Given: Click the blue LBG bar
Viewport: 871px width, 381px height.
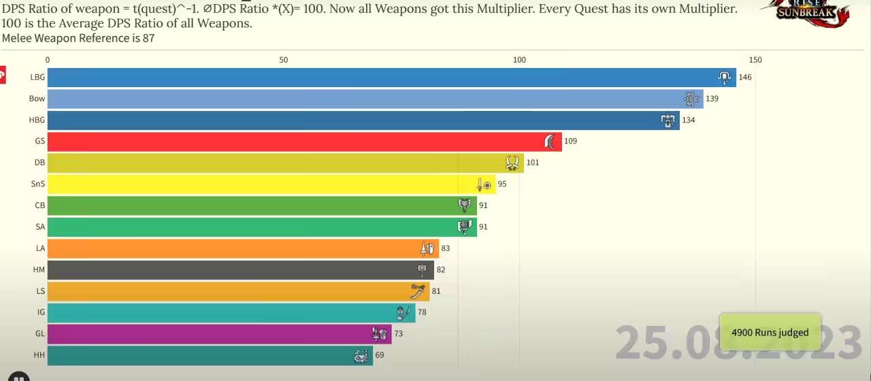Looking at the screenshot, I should (x=381, y=77).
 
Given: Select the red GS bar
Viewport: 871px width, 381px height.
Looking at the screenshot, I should (x=299, y=142).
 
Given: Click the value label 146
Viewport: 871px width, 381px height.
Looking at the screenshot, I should (x=745, y=77).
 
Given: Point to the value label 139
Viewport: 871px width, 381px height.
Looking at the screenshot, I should (x=712, y=99).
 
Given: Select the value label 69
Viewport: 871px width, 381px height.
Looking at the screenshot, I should (x=380, y=355).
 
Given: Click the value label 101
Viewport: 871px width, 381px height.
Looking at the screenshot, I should (x=532, y=163).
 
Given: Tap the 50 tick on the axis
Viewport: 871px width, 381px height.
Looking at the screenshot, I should (x=283, y=60).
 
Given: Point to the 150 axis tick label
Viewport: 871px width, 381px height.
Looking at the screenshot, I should (x=755, y=60).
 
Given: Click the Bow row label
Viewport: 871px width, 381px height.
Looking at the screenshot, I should (x=37, y=99).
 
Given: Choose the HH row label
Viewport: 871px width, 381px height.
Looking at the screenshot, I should (x=39, y=355).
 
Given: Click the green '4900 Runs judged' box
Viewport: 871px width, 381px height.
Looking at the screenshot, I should (x=770, y=332).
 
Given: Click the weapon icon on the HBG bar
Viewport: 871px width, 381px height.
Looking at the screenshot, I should (x=668, y=120).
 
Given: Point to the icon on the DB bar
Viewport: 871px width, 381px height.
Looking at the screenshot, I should (x=512, y=163).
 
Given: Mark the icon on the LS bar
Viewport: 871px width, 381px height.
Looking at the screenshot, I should (x=418, y=291).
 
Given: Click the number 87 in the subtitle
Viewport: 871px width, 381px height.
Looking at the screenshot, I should (x=148, y=38).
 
